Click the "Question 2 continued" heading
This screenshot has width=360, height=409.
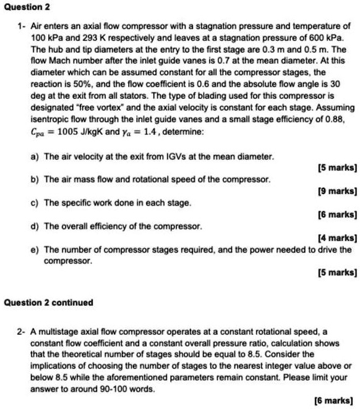click(48, 303)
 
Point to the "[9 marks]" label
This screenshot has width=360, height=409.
click(338, 191)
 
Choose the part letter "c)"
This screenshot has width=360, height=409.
click(35, 203)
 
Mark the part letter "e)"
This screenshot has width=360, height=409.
click(35, 250)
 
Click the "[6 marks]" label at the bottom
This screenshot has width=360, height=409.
click(338, 400)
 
